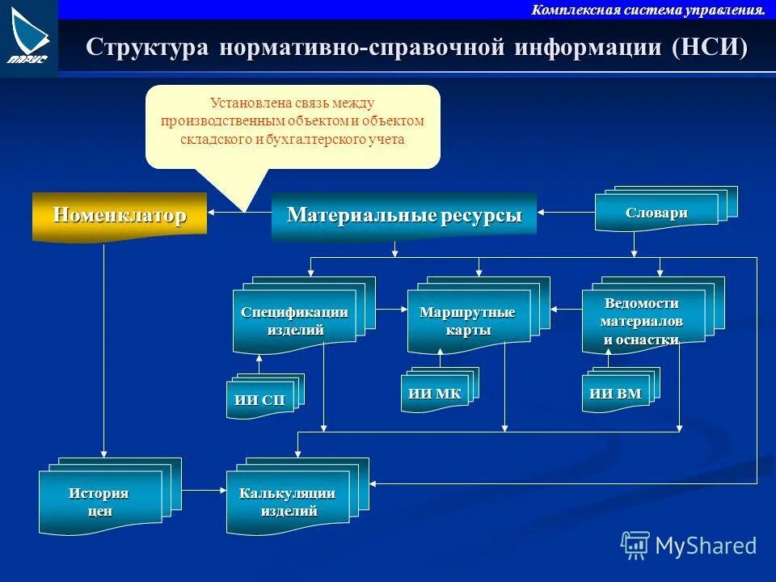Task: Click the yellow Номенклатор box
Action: [x=120, y=215]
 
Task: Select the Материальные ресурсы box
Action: [x=403, y=216]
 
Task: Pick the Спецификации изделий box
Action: [x=294, y=321]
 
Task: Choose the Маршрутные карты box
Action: [x=467, y=321]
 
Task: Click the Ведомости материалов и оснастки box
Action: [x=642, y=321]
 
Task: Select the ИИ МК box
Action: [x=435, y=394]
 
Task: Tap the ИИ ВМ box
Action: [x=615, y=394]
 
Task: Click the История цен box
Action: [x=99, y=501]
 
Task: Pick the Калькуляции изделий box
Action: [x=288, y=502]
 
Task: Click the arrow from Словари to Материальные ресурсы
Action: [x=566, y=213]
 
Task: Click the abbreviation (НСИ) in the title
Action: [x=709, y=46]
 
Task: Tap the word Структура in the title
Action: [x=145, y=46]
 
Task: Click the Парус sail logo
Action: [x=28, y=36]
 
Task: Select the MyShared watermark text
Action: [x=705, y=546]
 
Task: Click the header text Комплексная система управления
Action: [x=647, y=10]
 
